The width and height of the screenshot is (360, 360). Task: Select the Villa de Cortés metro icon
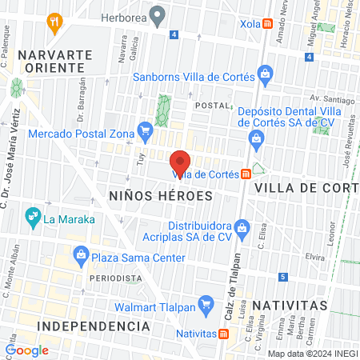coord(246,174)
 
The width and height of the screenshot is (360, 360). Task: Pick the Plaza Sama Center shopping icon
coord(81,258)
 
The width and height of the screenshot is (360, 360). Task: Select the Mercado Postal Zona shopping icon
coord(145,129)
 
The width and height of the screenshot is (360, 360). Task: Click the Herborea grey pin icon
coord(158,15)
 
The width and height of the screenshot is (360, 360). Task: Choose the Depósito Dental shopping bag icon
coord(255,141)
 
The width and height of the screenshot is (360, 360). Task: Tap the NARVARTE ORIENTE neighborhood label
coord(51,61)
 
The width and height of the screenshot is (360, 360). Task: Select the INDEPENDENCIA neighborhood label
coord(94,326)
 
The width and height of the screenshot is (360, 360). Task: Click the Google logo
coord(27,350)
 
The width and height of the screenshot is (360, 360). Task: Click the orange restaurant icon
coord(54,21)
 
